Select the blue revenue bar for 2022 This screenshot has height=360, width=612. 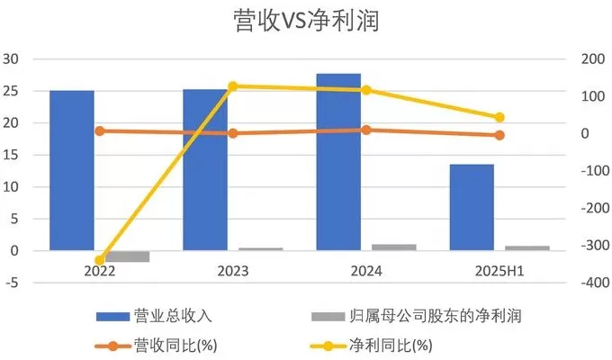72,170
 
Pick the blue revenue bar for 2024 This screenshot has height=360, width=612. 338,162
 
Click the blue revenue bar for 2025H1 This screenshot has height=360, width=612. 472,207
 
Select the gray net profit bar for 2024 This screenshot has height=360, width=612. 393,247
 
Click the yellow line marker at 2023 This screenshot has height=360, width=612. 233,86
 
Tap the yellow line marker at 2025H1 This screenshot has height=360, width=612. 499,117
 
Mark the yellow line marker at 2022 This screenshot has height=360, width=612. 100,260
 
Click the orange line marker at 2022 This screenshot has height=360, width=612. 100,130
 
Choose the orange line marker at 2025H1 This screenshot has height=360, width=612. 499,135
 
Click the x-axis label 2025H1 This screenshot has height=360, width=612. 499,270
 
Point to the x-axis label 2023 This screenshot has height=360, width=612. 233,270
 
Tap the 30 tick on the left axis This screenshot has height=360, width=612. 12,59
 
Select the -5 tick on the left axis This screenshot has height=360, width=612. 12,283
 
